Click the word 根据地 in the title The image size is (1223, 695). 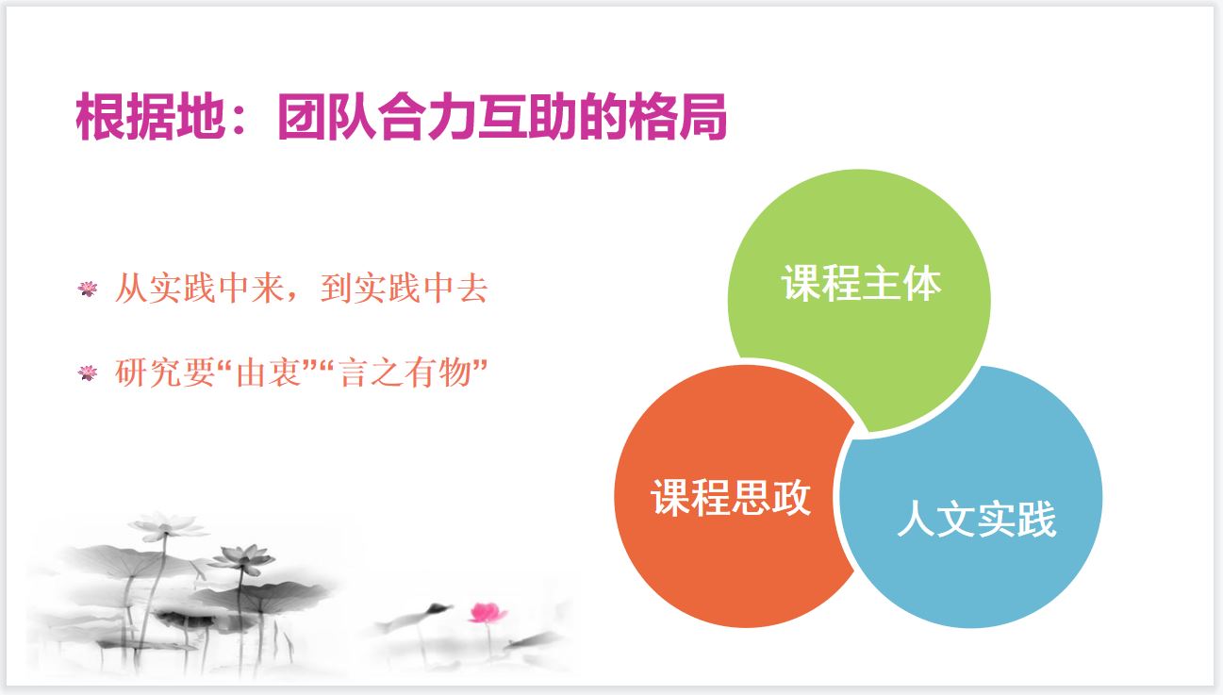tap(150, 117)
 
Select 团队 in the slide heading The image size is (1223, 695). tap(326, 117)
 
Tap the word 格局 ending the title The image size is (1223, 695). tap(678, 117)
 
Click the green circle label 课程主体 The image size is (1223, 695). tap(861, 283)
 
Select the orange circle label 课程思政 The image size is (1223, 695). tap(730, 497)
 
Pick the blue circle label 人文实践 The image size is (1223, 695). tap(977, 519)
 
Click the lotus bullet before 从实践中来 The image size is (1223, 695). tap(88, 289)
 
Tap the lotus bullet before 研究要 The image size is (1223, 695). tap(88, 372)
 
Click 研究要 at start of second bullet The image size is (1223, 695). tap(165, 372)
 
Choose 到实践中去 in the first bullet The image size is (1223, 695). tap(404, 289)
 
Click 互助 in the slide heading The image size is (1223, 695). tap(526, 117)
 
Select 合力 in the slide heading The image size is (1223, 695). tap(426, 117)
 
